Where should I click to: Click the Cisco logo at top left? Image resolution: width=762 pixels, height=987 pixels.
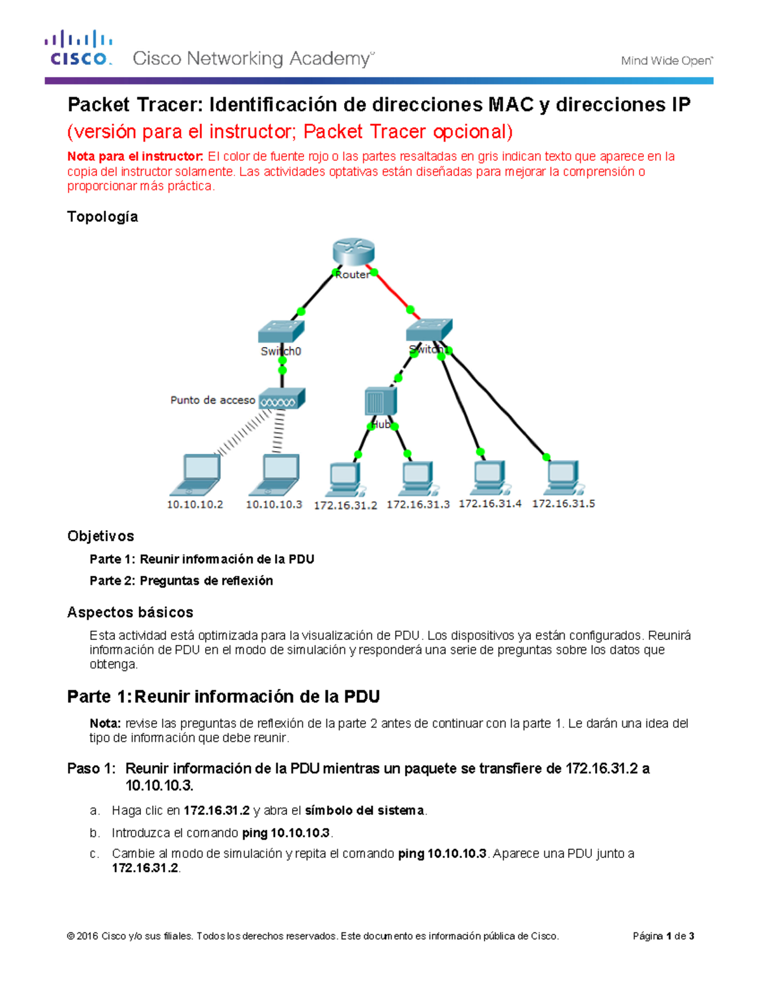click(79, 48)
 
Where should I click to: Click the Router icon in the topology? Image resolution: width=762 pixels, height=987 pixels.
click(354, 252)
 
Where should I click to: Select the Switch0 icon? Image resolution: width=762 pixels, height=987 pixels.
click(281, 331)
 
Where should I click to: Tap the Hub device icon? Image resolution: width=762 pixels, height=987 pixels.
click(380, 402)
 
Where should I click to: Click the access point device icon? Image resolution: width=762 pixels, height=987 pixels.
click(282, 399)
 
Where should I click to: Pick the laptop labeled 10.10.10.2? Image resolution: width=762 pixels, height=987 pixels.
click(196, 474)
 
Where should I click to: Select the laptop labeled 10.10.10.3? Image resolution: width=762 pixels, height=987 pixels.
click(275, 474)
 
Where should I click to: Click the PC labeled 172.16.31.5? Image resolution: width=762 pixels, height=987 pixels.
click(563, 477)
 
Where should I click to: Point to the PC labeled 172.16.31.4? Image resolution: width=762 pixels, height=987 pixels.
click(490, 477)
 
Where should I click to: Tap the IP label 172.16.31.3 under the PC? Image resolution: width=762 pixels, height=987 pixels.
click(418, 505)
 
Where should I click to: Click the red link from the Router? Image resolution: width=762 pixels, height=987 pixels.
click(394, 292)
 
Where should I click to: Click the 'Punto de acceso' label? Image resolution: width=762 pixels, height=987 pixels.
click(212, 400)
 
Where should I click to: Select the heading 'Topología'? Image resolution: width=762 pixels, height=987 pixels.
click(103, 217)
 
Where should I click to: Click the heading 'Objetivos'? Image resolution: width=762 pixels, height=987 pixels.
click(101, 536)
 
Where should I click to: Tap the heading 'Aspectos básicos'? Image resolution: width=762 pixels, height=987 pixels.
click(130, 613)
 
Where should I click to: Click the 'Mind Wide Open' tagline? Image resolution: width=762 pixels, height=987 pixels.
click(667, 61)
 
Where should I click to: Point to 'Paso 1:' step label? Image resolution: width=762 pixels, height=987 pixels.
click(91, 769)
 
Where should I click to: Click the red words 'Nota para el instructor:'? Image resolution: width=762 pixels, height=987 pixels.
click(135, 156)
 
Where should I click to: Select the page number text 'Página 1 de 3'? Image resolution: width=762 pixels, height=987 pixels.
click(663, 936)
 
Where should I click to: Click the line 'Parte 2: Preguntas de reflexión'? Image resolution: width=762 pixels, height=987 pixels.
click(181, 581)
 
